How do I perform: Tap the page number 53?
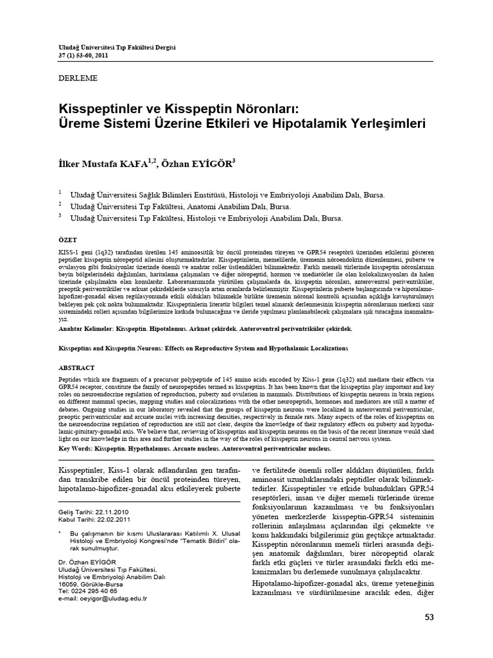(x=429, y=618)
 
